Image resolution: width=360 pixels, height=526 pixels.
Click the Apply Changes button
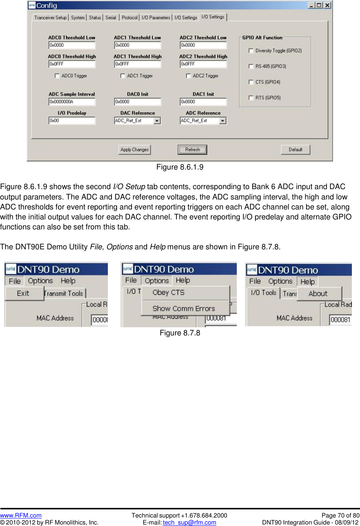click(134, 150)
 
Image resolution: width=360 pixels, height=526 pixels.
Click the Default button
click(295, 150)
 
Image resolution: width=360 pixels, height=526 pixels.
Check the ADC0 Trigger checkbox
click(57, 76)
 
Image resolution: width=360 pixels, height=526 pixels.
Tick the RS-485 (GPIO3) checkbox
click(251, 66)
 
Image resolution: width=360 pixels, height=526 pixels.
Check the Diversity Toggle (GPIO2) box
click(251, 51)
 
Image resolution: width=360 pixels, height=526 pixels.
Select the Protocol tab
click(130, 17)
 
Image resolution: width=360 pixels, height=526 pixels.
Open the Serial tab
click(111, 17)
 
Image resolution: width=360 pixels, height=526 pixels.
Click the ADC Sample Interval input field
click(72, 102)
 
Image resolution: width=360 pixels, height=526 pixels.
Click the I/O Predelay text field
click(72, 120)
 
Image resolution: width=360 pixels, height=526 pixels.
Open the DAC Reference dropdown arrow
click(157, 121)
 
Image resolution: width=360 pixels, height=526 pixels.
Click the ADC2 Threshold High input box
click(203, 64)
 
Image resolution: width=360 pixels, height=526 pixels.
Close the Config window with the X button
click(327, 5)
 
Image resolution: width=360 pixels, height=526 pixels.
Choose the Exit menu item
click(23, 293)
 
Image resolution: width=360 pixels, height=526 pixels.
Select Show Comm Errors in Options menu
click(184, 308)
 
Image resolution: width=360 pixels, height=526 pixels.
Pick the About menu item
click(318, 294)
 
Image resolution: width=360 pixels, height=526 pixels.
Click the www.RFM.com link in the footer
click(21, 515)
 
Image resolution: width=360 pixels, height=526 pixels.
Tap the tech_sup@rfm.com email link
click(189, 522)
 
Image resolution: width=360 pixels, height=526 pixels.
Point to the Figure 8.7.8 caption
click(180, 333)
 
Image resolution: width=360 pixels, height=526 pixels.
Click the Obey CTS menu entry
click(168, 293)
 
